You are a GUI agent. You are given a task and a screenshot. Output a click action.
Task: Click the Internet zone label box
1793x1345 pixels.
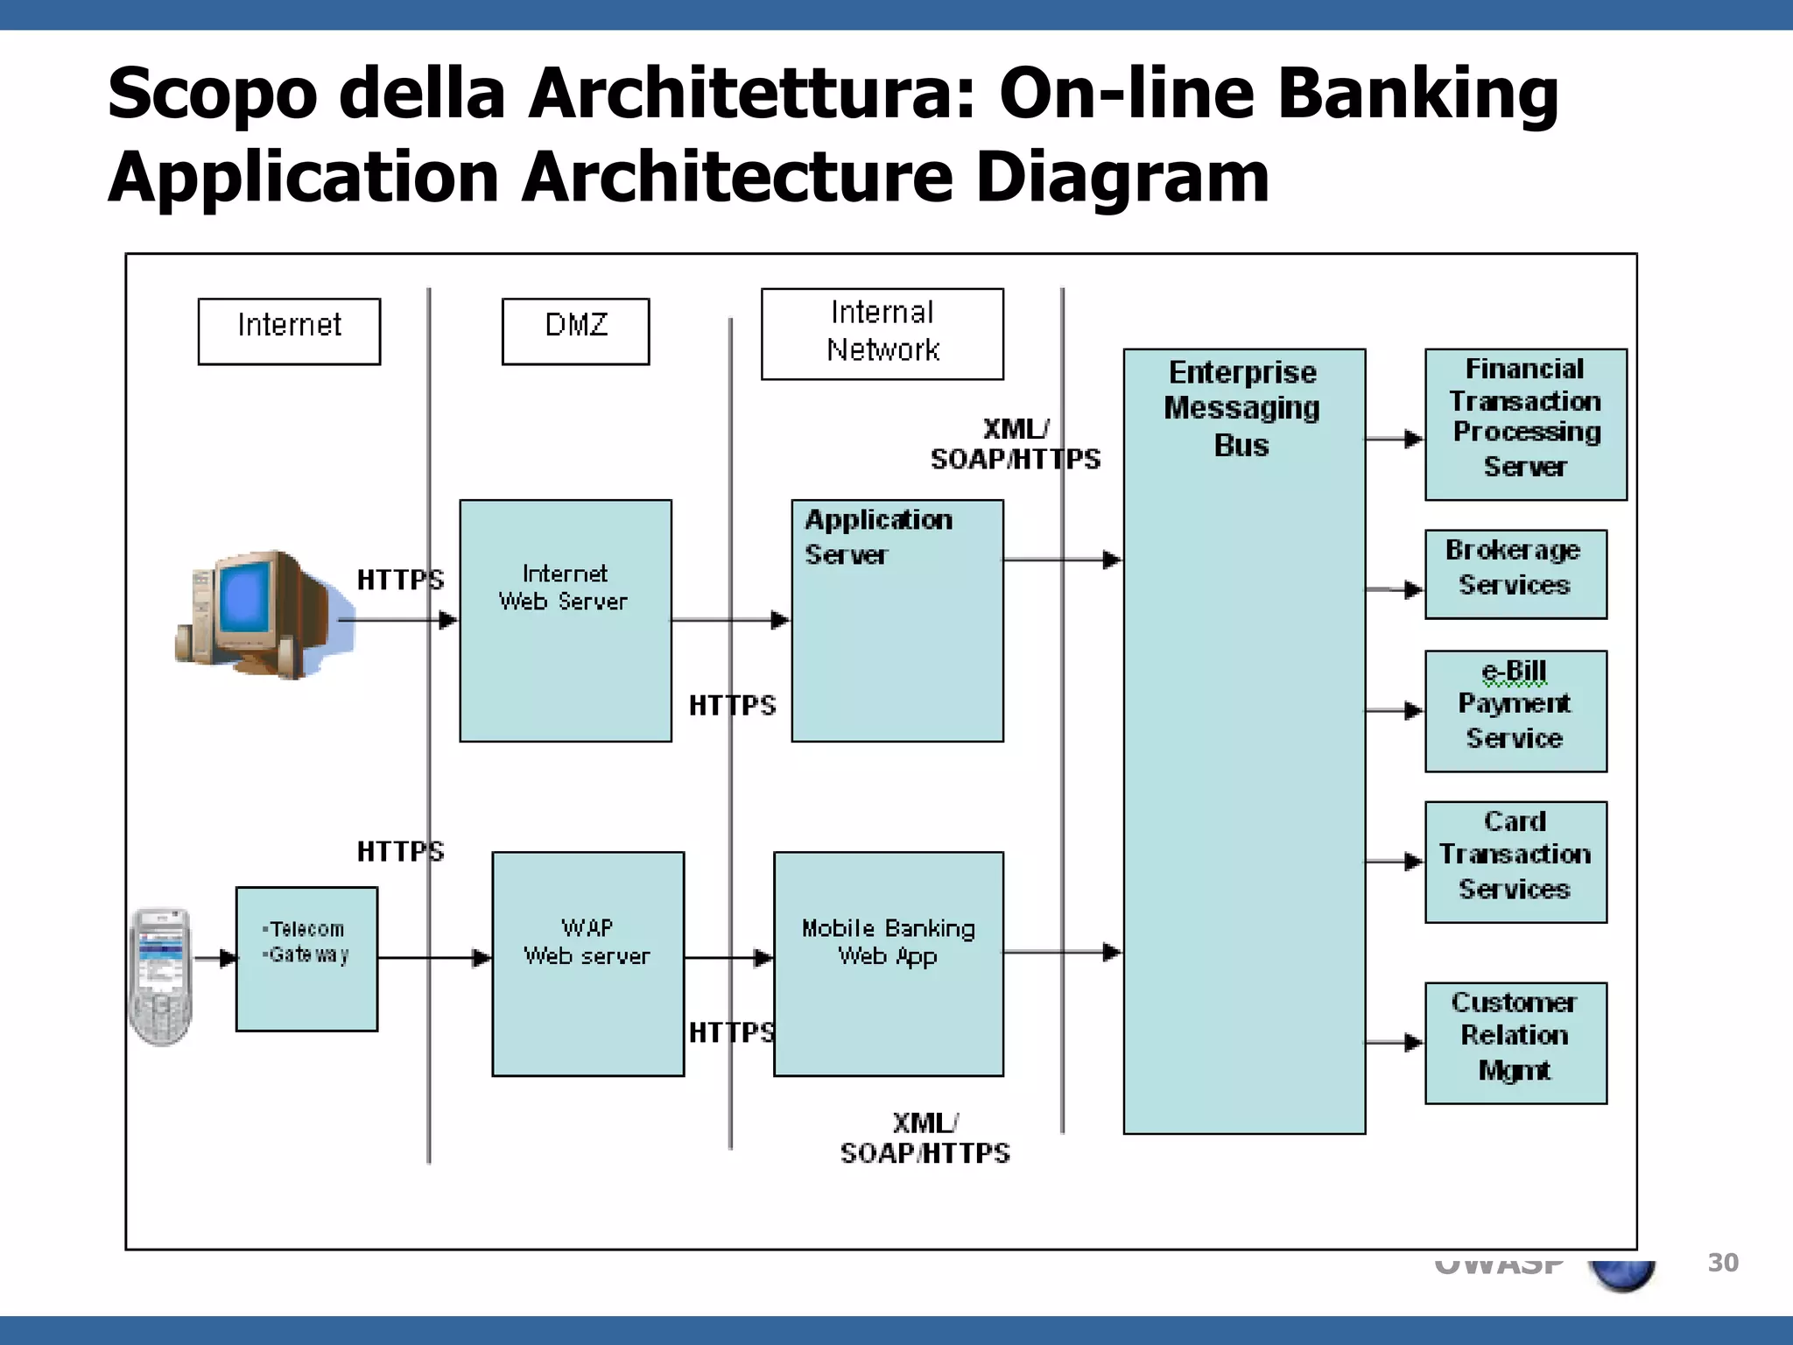click(289, 331)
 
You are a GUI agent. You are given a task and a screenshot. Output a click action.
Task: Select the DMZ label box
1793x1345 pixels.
click(575, 331)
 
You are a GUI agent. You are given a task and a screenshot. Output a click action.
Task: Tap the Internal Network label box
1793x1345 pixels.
click(882, 334)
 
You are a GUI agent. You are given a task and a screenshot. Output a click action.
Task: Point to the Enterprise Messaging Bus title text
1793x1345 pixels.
click(1242, 408)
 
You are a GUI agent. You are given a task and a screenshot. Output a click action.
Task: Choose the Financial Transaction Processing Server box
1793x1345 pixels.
click(1525, 424)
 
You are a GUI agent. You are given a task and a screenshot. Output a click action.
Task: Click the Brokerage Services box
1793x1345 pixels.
click(1515, 574)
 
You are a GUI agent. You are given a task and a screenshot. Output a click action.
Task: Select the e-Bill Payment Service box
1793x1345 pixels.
click(1515, 710)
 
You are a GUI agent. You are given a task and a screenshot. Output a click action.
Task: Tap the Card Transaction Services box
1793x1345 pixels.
click(1515, 862)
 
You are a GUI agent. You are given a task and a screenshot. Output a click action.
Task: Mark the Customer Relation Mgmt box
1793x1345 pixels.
click(1515, 1042)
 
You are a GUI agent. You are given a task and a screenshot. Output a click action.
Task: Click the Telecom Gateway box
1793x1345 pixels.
click(306, 958)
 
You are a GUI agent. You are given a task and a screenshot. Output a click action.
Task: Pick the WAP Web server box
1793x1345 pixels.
click(587, 963)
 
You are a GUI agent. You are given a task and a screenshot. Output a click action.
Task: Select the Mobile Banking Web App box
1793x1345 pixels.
click(888, 963)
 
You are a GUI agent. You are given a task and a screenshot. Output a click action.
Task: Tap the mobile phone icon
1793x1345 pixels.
click(160, 975)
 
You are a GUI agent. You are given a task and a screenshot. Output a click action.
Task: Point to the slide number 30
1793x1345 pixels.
click(1722, 1263)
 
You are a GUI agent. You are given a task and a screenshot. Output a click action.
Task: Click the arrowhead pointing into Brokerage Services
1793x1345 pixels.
click(1413, 590)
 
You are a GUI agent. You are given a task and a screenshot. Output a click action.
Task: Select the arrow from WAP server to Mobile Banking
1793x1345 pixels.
click(728, 958)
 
